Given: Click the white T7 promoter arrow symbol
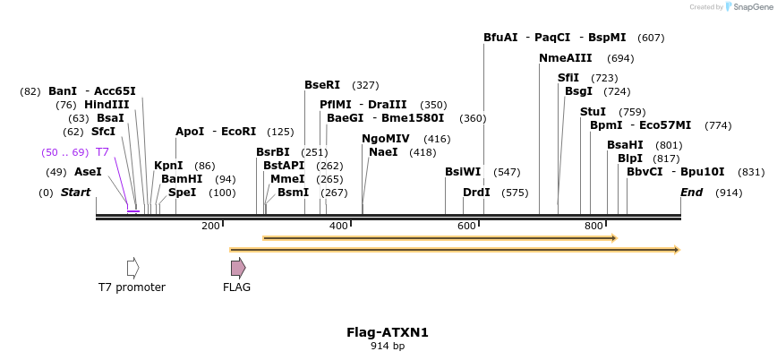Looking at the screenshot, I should point(132,267).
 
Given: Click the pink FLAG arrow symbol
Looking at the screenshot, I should point(237,267).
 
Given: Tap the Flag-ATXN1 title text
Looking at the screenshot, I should point(388,332).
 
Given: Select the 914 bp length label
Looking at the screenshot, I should point(388,346).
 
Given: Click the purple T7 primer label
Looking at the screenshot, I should point(102,152).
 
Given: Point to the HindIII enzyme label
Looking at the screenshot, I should point(107,105).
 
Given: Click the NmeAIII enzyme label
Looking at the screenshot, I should point(565,58).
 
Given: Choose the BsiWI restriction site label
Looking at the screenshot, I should point(463,172).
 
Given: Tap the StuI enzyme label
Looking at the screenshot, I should point(593,112).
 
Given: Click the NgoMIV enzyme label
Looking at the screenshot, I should point(386,139).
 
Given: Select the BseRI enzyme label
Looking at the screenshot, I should point(322,85).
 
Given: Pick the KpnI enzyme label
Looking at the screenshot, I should point(168,166).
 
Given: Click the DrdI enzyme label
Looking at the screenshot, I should point(476,193).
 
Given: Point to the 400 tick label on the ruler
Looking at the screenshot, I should point(338,226).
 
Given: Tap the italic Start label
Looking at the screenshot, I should point(75,193).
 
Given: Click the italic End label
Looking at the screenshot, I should point(691,193).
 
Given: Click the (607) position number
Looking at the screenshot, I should point(651,38).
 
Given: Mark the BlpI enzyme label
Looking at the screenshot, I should point(629,159).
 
